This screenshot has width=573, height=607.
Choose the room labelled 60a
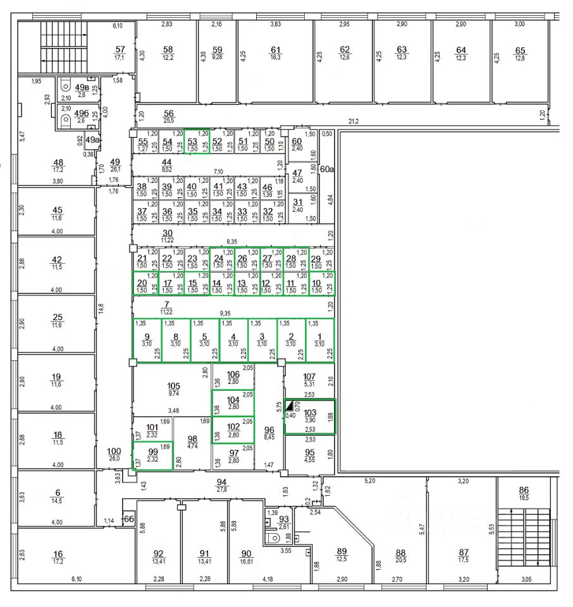click(x=326, y=169)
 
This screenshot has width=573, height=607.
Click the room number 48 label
click(x=58, y=162)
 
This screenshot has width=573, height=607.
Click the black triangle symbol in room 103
click(x=290, y=405)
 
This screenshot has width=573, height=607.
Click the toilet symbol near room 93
click(x=273, y=538)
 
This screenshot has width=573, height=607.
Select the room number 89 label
click(x=342, y=551)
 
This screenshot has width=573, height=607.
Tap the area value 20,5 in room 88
click(x=400, y=560)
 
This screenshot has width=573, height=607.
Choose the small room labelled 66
click(x=129, y=519)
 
